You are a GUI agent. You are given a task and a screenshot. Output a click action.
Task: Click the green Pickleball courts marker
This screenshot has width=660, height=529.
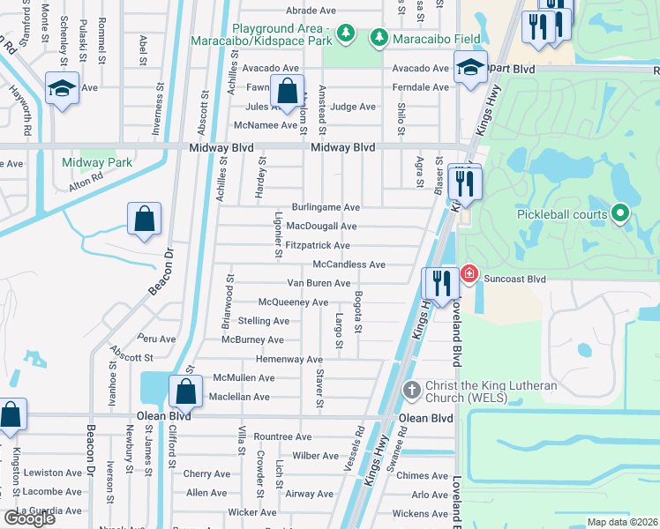(x=619, y=213)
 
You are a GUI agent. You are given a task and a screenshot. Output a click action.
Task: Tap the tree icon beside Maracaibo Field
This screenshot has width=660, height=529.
(x=379, y=37)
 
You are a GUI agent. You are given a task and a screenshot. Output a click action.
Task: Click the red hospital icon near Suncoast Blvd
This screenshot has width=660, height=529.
(x=469, y=274)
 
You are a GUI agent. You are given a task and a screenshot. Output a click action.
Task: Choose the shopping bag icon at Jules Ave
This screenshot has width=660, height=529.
(x=288, y=91)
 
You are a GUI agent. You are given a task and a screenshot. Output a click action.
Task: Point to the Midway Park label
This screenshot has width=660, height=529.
(x=97, y=162)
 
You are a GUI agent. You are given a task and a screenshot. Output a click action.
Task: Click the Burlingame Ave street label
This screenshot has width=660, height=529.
(x=326, y=207)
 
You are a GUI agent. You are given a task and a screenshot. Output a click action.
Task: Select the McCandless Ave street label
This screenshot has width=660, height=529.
(x=349, y=264)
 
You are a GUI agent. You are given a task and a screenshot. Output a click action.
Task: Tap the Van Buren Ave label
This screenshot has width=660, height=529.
(x=319, y=283)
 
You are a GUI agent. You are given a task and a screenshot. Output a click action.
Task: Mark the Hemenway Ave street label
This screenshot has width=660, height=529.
(x=289, y=360)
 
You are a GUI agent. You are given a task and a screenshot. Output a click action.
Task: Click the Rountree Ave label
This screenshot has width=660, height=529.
(x=282, y=436)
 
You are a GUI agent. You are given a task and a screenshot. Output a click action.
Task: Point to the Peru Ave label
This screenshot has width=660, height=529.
(x=156, y=338)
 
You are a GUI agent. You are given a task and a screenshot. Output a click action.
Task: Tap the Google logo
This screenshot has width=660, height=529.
(x=29, y=518)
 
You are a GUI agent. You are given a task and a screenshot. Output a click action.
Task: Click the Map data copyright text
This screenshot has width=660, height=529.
(x=622, y=522)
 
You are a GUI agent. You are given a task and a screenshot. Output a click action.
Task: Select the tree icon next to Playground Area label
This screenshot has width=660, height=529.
(x=348, y=34)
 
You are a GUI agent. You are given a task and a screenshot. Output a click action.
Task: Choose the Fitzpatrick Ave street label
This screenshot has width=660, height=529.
(x=318, y=245)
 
